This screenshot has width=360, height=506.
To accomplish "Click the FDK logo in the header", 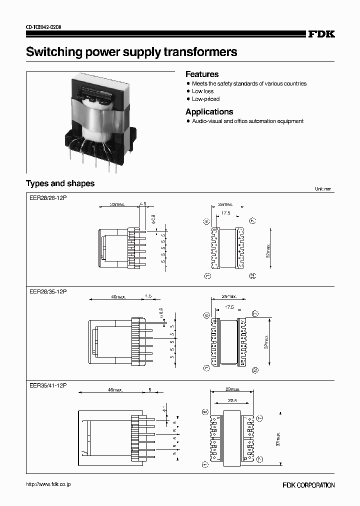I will click(321, 34).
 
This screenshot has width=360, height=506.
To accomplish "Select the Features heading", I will click(202, 74).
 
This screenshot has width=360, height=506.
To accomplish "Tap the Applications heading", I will click(209, 111).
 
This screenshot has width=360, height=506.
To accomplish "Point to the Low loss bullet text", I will click(202, 91).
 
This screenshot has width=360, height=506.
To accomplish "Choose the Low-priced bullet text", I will click(205, 99).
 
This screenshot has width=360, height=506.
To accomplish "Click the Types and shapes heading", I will click(60, 183).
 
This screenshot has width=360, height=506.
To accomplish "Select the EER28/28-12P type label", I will click(47, 198).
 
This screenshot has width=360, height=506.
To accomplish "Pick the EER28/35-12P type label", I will click(47, 291).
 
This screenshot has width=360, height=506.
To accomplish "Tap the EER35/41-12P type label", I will click(47, 385).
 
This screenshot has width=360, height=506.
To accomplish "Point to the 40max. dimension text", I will click(118, 296).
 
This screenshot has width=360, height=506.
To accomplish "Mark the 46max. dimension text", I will click(114, 389).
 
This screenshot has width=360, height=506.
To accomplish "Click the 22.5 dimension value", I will click(232, 400).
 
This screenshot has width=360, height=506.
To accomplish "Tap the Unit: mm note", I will click(323, 189).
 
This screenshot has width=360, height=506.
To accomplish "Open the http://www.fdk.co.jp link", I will click(48, 484).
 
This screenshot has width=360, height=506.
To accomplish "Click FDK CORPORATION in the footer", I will click(308, 485).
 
